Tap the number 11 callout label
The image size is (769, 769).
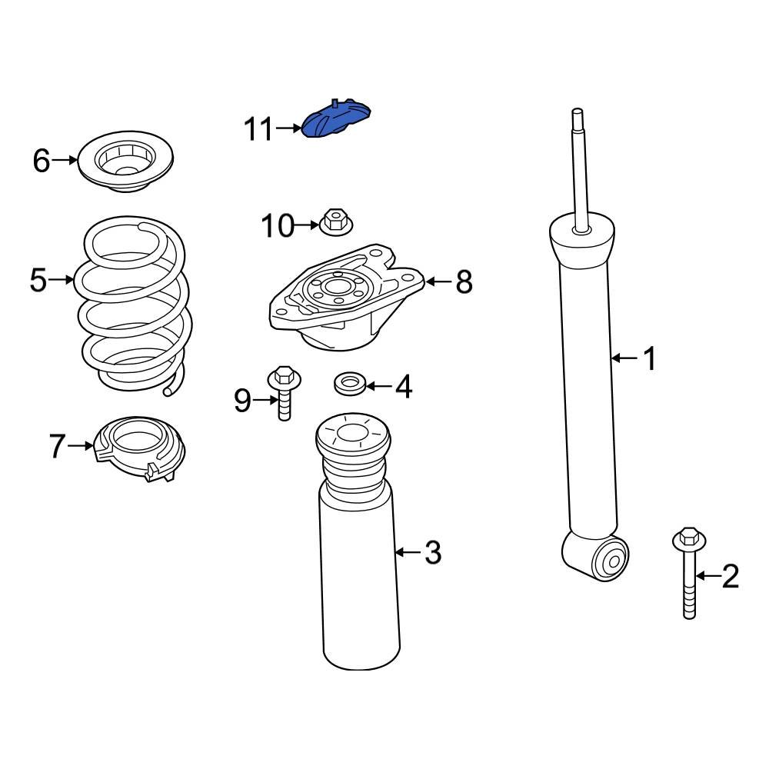[x=258, y=130]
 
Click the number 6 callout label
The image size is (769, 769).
[x=42, y=161]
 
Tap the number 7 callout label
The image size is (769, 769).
[x=58, y=446]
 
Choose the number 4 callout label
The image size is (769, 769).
[x=404, y=388]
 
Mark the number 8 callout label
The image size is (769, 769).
[x=464, y=282]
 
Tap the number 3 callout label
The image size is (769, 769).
[x=433, y=552]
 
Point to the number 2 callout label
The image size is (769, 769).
[x=729, y=575]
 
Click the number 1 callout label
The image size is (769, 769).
[x=650, y=358]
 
